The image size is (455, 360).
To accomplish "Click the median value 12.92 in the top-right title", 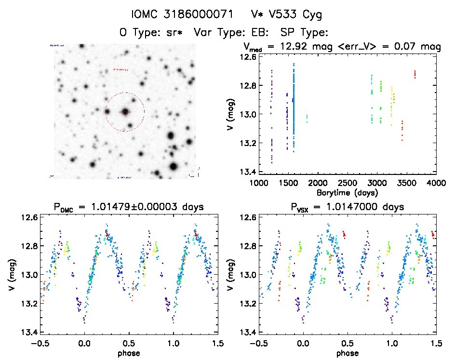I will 296,47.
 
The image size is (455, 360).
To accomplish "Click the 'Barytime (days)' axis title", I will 348,192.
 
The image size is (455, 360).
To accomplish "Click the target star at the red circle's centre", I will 125,111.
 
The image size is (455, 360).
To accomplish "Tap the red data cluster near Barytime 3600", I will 415,74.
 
